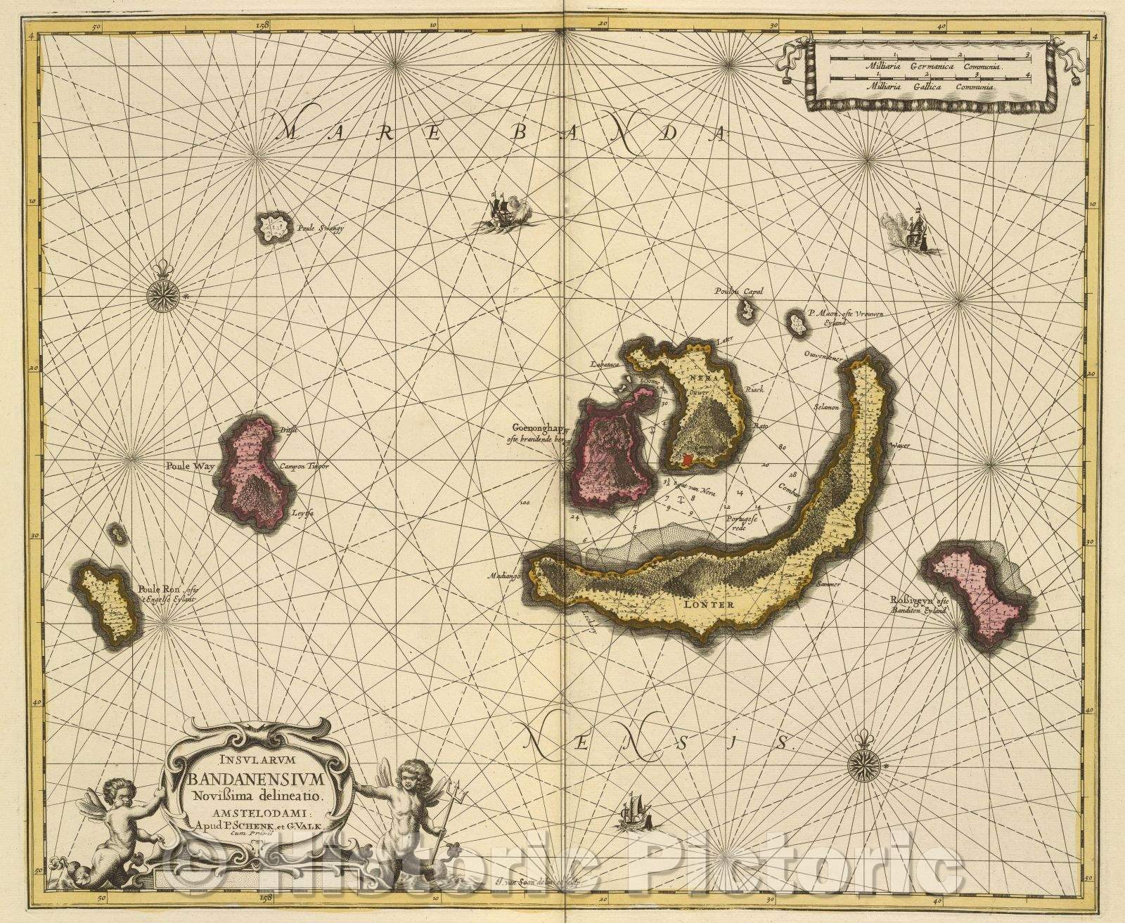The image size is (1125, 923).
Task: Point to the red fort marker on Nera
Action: click(x=688, y=459)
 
